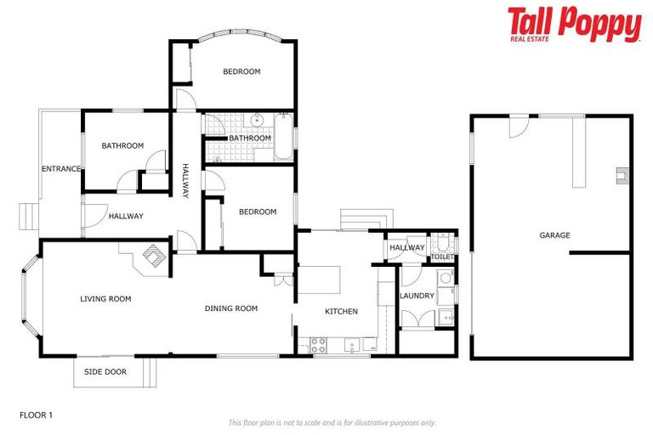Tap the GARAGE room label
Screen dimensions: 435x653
point(554,235)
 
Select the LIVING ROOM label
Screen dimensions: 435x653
point(105,298)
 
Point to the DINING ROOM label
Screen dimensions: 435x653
point(230,308)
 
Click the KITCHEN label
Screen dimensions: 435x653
point(341,311)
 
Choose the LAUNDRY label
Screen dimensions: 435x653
point(417,296)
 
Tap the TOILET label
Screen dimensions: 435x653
point(441,256)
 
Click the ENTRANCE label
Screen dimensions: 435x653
point(60,169)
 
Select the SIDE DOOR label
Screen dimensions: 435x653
point(105,371)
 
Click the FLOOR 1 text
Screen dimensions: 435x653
point(36,415)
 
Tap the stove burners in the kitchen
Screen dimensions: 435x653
point(319,345)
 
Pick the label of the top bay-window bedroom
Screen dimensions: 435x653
point(241,71)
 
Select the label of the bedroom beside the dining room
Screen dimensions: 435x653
point(257,212)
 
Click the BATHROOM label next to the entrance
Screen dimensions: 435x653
point(122,145)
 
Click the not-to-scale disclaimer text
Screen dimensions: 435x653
point(332,422)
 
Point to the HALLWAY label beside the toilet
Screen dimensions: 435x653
point(407,248)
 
